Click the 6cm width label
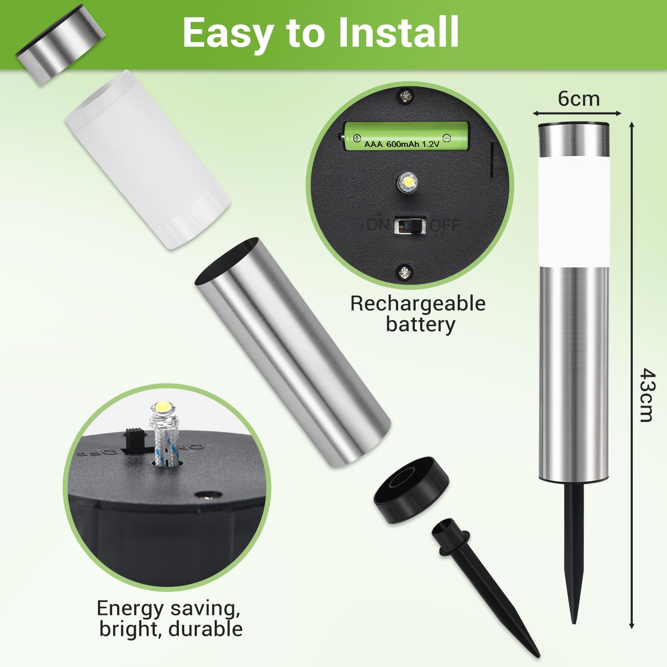pos(579,99)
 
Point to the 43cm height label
pos(647,395)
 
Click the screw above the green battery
pos(405,97)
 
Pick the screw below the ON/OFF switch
pos(404,273)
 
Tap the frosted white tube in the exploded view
pos(147,160)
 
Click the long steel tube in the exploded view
pos(293,353)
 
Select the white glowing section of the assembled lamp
pos(574,211)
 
